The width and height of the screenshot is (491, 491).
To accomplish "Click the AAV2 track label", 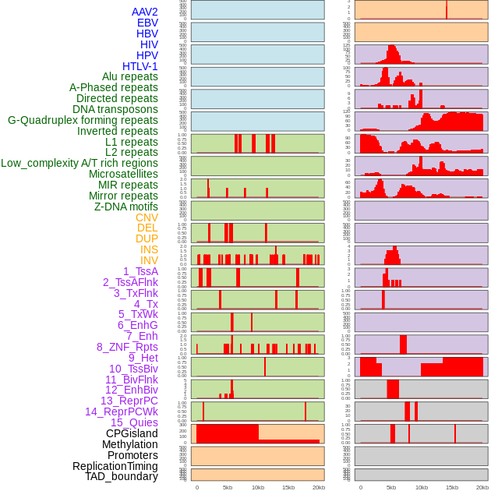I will point(144,12).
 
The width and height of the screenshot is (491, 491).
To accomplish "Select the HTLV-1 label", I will point(140,66).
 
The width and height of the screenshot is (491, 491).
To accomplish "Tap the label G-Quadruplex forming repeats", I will point(83,120).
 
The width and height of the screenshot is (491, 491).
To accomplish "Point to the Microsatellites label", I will point(123,174).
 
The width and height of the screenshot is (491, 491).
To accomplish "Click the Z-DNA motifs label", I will point(126,207).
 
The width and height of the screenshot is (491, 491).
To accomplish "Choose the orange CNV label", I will point(147,217).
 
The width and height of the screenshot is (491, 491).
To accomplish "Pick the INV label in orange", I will point(149,260).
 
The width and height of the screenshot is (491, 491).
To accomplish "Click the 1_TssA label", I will point(140,271).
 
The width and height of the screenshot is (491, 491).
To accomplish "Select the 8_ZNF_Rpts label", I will point(127,347).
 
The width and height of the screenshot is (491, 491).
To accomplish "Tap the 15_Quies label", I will point(134,422).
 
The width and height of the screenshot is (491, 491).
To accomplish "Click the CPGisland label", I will point(132,433).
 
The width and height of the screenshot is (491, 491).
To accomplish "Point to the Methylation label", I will point(129,444).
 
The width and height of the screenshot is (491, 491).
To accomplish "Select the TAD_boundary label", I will point(122,476).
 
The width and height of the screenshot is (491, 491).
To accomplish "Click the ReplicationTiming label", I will point(115,466).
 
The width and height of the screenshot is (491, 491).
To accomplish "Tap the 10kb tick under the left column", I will point(257,487).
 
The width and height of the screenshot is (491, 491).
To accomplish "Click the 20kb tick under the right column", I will point(482,487).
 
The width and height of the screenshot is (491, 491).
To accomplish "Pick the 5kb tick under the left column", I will point(228,487).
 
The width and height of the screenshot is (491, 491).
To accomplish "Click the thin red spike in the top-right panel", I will point(447,9).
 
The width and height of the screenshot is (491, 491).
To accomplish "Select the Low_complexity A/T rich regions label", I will point(79,163).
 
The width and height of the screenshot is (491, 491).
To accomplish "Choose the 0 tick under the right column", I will point(359,487).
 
